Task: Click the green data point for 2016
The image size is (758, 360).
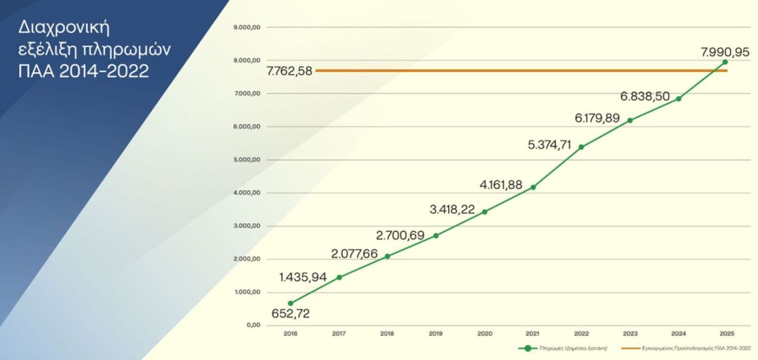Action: (291, 303)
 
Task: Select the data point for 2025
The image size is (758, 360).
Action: (725, 62)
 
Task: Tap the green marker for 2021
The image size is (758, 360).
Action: (533, 187)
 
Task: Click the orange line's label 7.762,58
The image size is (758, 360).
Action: (289, 71)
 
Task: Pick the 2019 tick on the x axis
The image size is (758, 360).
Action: (436, 333)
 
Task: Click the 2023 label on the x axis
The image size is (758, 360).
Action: (630, 333)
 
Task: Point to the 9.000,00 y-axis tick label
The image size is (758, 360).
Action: (247, 28)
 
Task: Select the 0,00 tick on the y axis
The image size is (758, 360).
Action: (253, 325)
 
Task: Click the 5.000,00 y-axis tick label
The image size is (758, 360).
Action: (247, 160)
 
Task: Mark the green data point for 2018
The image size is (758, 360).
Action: (387, 256)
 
